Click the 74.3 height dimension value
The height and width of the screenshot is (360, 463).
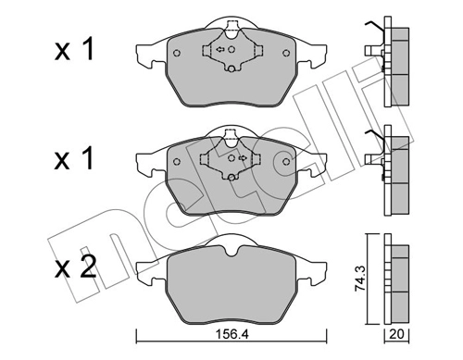click(x=359, y=279)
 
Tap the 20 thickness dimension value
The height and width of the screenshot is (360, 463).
click(x=396, y=334)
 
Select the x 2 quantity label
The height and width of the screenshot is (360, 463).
click(x=75, y=267)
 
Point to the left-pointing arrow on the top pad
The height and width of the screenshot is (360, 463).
click(x=220, y=49)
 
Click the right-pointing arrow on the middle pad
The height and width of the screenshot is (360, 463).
click(x=244, y=158)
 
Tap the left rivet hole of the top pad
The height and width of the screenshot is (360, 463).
click(x=177, y=53)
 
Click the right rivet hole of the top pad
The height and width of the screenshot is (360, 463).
click(x=286, y=53)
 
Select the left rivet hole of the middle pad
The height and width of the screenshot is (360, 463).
click(x=177, y=161)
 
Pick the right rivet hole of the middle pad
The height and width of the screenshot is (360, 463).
click(x=286, y=161)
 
